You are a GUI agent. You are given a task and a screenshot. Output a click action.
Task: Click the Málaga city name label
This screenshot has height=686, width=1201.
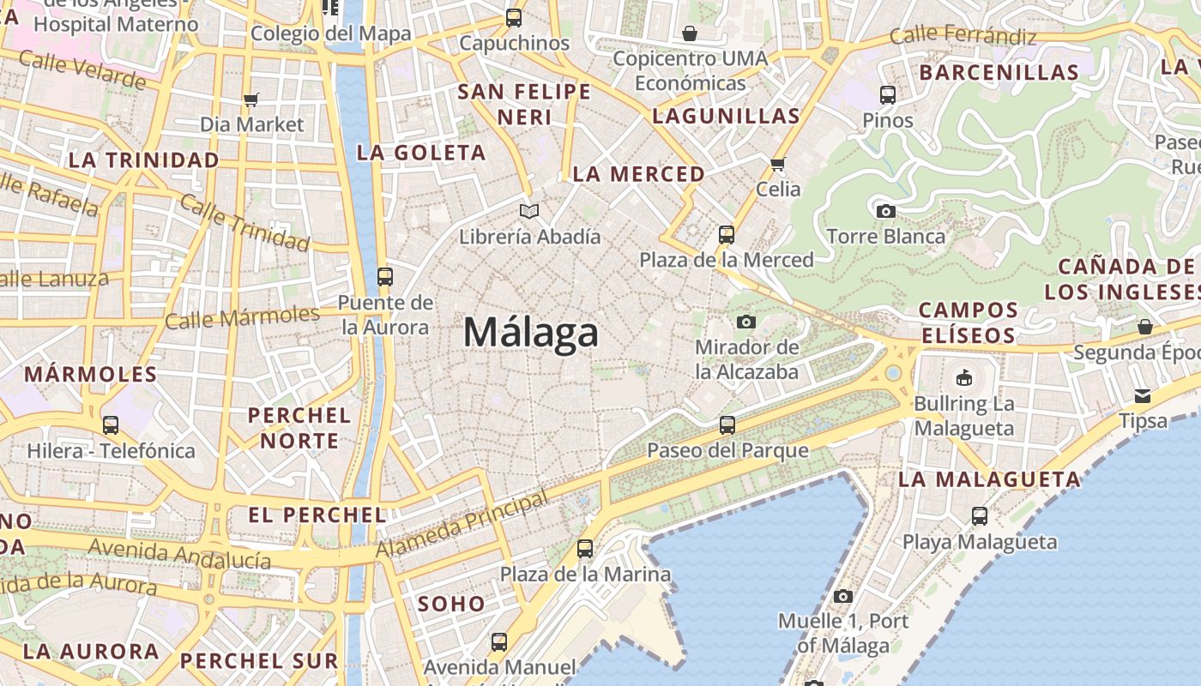531,332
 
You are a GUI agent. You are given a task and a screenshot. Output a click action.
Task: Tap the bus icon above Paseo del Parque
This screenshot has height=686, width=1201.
727,424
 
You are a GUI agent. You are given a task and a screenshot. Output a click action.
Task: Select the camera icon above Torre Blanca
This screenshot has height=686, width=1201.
886,211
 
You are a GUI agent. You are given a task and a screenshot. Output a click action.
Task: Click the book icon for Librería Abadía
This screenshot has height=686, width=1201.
530,211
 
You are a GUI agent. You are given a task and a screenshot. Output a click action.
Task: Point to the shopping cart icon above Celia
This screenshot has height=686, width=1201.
778,163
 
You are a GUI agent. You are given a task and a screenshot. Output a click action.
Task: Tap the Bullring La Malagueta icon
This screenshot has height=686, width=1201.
964,377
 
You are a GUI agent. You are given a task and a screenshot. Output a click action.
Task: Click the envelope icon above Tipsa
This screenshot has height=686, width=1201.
1143,395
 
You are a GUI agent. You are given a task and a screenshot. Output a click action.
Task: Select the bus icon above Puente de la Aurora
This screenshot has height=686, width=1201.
385,276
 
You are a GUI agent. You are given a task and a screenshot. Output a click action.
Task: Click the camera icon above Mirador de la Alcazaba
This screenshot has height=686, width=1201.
746,322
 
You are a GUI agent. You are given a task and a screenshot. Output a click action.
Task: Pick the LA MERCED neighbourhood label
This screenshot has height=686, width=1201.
638,174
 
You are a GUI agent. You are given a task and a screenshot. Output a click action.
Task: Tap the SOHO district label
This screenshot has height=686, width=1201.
451,604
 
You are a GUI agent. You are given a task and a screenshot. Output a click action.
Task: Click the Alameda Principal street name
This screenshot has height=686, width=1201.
462,524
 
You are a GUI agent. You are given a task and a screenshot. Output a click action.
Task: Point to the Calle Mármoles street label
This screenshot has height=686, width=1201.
242,317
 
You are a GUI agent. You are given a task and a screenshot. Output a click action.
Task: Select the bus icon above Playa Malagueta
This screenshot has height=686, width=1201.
980,516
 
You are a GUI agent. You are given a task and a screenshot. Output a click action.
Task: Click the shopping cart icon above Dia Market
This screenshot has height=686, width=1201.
251,100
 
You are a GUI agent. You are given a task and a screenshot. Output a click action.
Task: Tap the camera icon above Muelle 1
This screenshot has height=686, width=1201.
843,596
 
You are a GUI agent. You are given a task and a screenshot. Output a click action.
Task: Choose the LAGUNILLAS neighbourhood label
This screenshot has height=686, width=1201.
726,116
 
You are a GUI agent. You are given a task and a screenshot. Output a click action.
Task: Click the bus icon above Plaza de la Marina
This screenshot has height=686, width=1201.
585,549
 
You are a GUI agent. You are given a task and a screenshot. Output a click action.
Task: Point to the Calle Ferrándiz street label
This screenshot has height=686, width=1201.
963,36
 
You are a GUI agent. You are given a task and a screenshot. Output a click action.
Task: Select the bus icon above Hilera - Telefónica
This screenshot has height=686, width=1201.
111,424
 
